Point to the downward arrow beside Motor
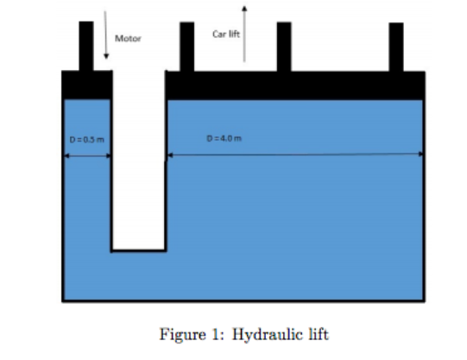pyautogui.click(x=105, y=35)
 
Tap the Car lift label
pyautogui.click(x=226, y=33)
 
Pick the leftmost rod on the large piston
pyautogui.click(x=186, y=47)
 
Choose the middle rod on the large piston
pyautogui.click(x=284, y=47)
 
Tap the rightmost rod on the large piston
pyautogui.click(x=396, y=47)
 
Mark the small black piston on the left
pyautogui.click(x=87, y=85)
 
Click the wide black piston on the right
pyautogui.click(x=294, y=85)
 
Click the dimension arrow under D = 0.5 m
pyautogui.click(x=87, y=156)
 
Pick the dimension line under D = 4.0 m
pyautogui.click(x=294, y=155)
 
